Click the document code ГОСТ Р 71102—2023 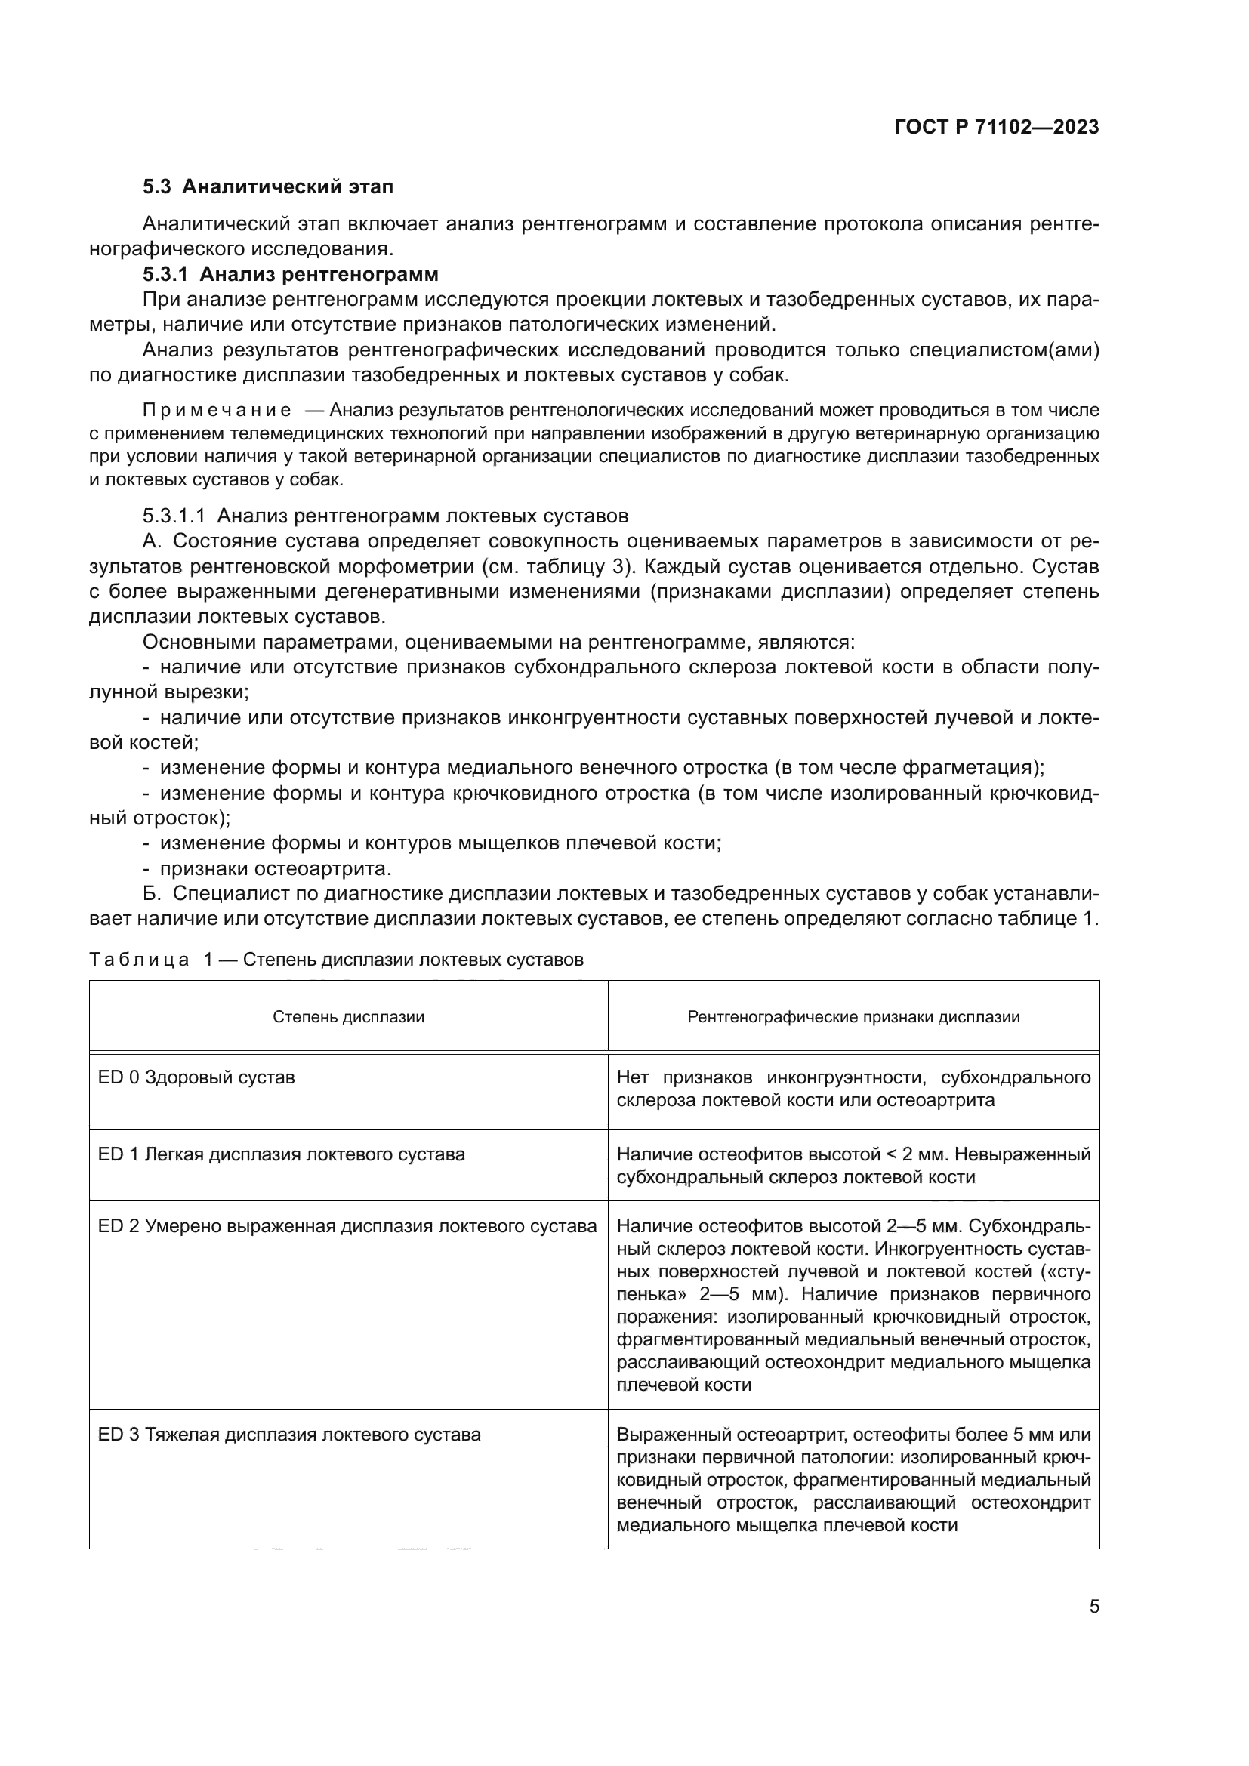coord(996,128)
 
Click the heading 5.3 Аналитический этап coord(267,187)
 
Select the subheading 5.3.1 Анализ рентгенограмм coord(290,274)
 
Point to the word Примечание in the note coord(217,410)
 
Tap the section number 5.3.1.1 coord(173,516)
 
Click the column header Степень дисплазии coord(348,1017)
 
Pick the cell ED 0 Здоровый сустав coord(196,1077)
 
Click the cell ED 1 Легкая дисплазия coord(281,1154)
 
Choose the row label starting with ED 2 coord(347,1226)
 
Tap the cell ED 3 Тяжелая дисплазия coord(289,1435)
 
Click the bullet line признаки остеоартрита coord(276,868)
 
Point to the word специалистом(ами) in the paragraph coord(1004,350)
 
